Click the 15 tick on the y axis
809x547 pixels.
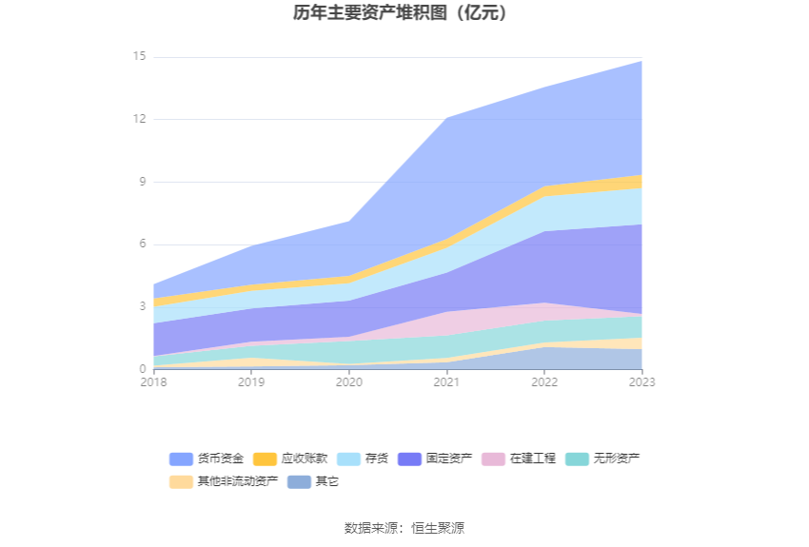pyautogui.click(x=140, y=57)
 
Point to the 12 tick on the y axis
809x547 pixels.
pyautogui.click(x=140, y=119)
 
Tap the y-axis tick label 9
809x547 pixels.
pyautogui.click(x=143, y=182)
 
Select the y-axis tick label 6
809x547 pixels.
pyautogui.click(x=143, y=244)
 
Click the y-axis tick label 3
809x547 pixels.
pyautogui.click(x=143, y=306)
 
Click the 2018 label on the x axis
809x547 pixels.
pyautogui.click(x=153, y=381)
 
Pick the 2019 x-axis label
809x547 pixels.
pyautogui.click(x=251, y=381)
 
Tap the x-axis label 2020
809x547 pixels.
pyautogui.click(x=349, y=381)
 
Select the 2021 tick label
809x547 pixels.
pyautogui.click(x=446, y=381)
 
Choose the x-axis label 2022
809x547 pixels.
pyautogui.click(x=544, y=381)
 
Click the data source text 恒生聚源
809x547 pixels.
pyautogui.click(x=438, y=528)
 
